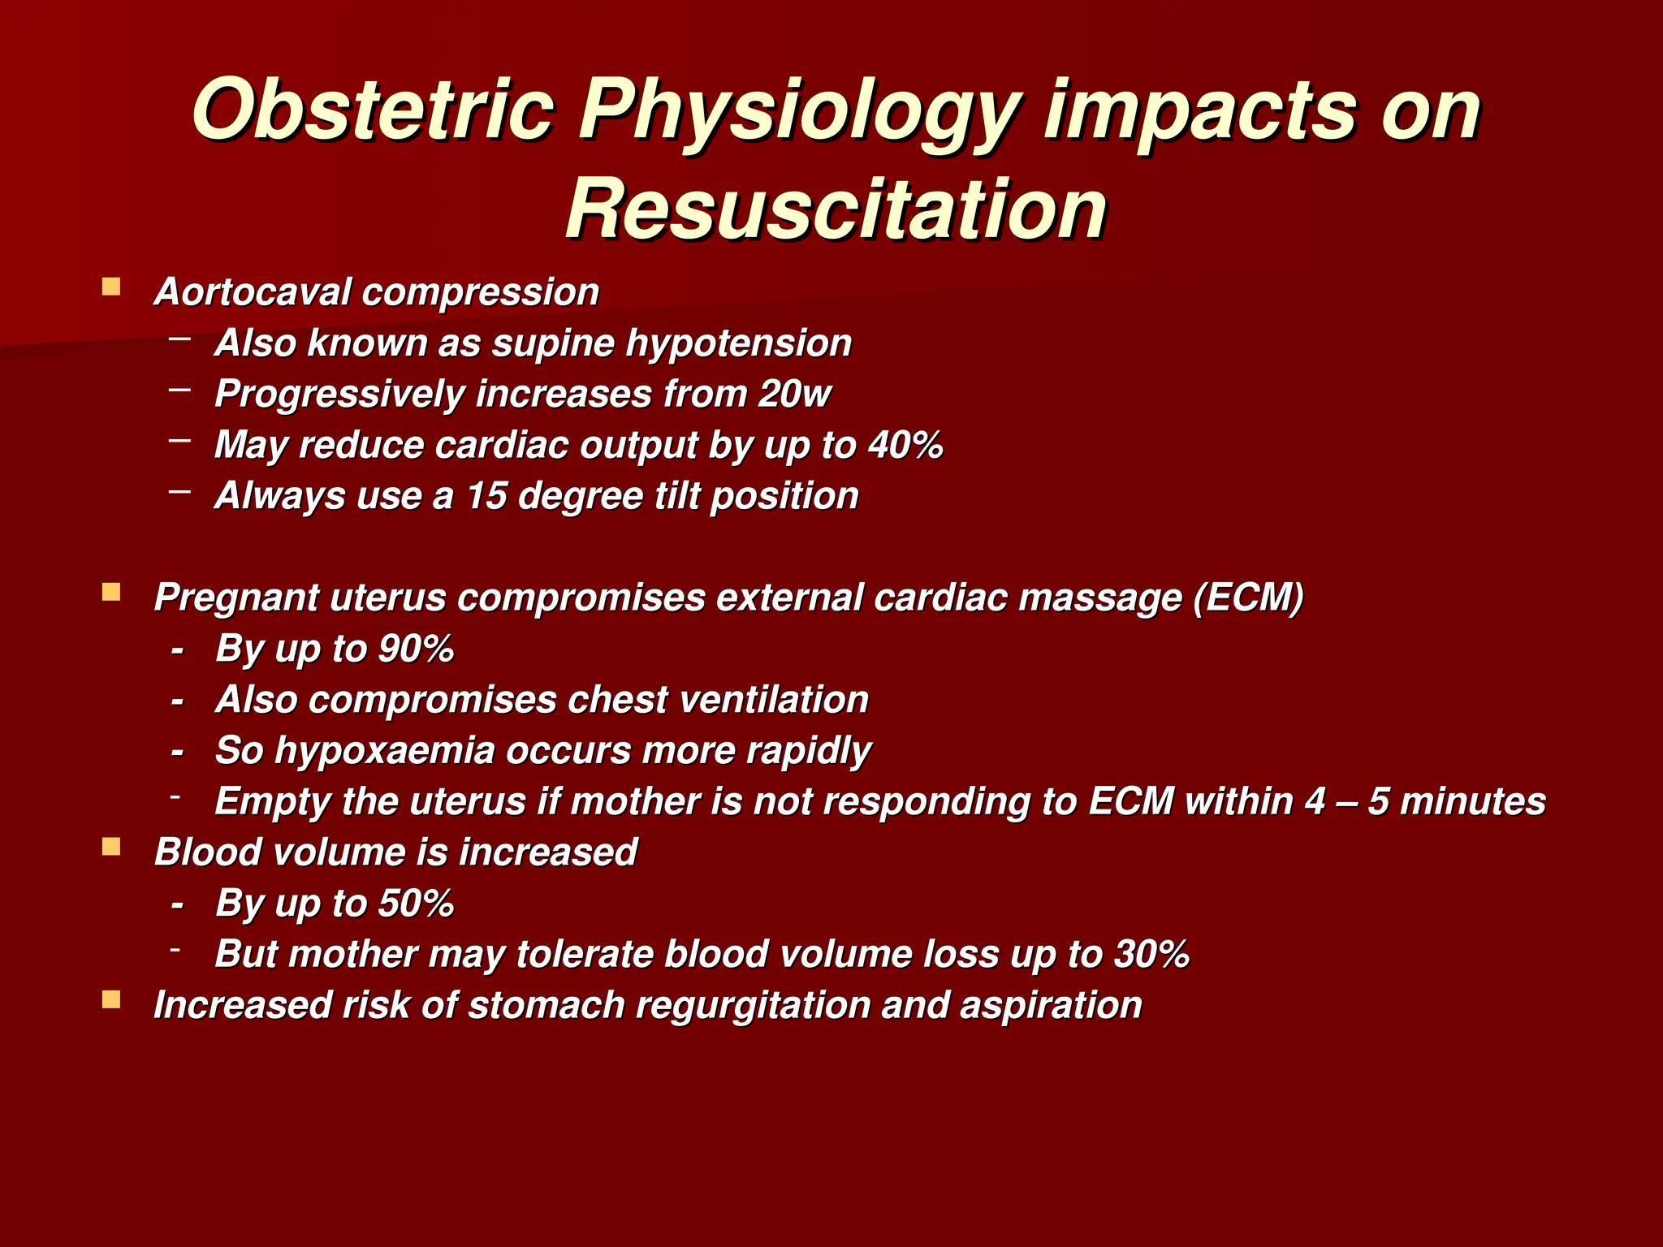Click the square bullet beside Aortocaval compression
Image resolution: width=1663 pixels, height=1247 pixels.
111,287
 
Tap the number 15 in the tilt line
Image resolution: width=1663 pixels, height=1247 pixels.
486,496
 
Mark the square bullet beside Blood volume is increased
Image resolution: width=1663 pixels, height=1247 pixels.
111,848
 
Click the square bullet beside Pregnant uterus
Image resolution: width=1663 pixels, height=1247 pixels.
111,593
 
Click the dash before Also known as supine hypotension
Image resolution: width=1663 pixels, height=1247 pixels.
180,338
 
